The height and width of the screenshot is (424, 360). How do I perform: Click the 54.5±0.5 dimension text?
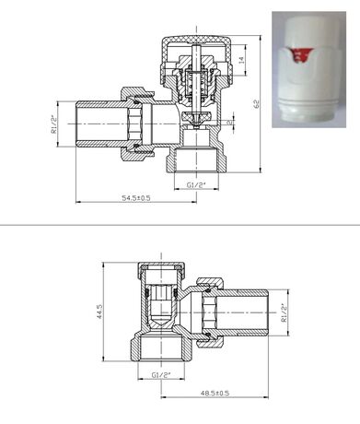[x=136, y=198]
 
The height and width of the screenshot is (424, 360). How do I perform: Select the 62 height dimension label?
[x=256, y=104]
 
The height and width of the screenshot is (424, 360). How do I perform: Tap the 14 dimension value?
[x=241, y=60]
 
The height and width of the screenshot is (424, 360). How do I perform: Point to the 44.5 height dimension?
[x=99, y=312]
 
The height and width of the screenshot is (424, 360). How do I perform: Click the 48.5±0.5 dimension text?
[x=215, y=393]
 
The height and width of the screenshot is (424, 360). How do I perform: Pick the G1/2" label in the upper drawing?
[x=196, y=185]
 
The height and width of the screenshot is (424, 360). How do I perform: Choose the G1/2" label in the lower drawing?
[x=161, y=375]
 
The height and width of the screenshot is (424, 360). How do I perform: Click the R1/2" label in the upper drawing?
[x=54, y=124]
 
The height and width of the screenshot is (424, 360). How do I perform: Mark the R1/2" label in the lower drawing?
[x=284, y=312]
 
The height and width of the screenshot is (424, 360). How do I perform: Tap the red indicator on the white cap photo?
[x=297, y=55]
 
